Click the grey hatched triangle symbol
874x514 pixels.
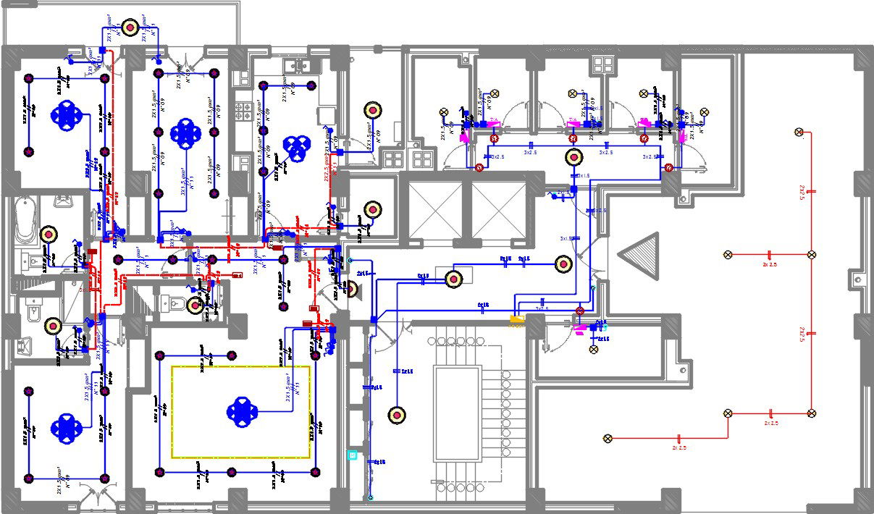coord(642,257)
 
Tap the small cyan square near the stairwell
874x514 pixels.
coord(353,455)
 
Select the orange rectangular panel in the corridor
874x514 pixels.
coord(517,319)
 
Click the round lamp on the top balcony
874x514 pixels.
coord(130,28)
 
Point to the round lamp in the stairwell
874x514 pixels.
coord(396,415)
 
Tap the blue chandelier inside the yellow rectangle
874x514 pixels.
coord(241,411)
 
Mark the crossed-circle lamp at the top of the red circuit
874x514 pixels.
coord(799,132)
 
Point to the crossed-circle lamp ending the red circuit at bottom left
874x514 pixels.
coord(608,438)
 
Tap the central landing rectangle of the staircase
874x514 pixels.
coord(457,413)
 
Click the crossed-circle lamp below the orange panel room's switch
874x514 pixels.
coord(594,349)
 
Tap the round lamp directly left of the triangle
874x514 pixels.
coord(563,264)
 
